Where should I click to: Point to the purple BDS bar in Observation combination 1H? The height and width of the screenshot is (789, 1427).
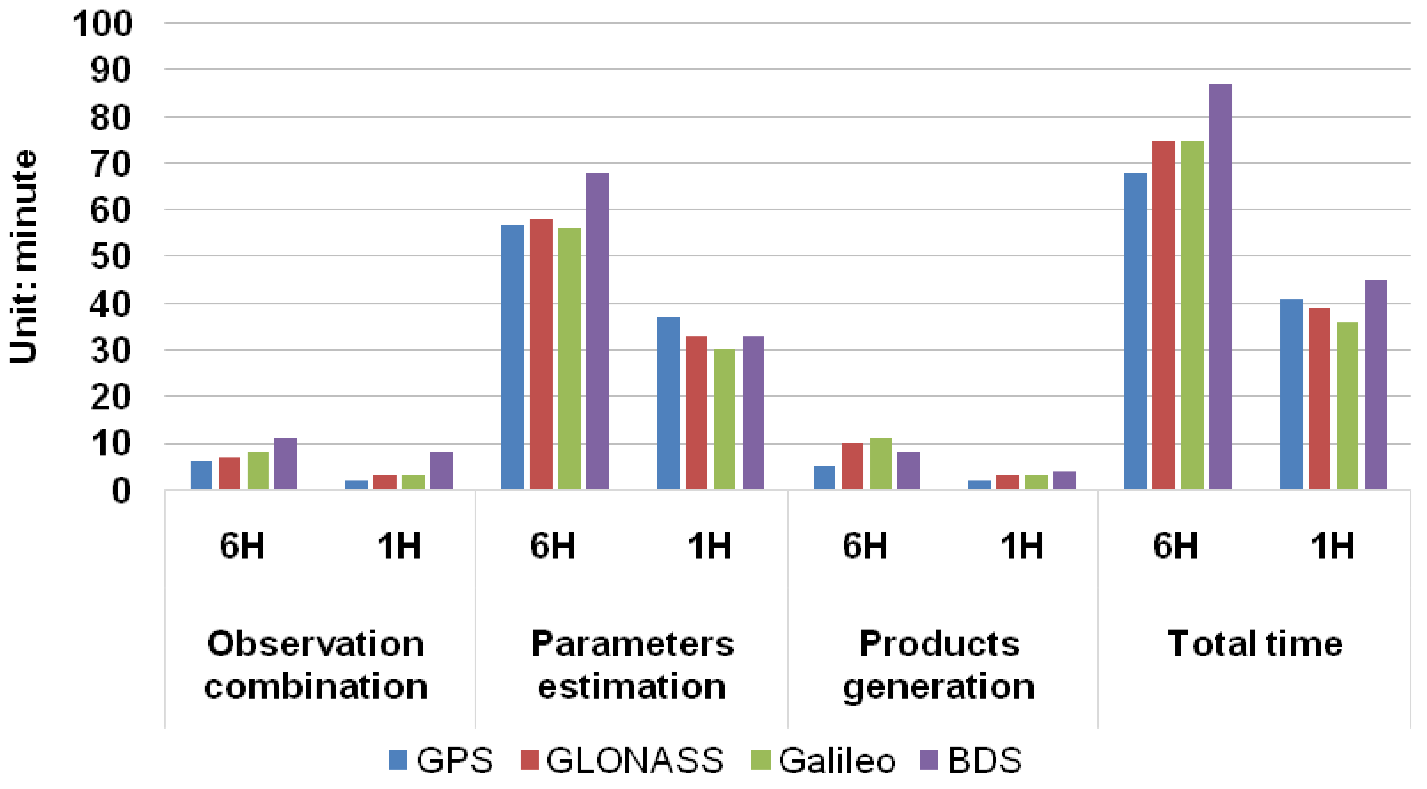[441, 471]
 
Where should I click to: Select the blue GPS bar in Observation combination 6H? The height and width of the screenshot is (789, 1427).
[201, 475]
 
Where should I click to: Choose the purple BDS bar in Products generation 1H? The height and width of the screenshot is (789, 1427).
[1064, 481]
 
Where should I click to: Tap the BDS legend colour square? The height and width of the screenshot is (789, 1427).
[928, 760]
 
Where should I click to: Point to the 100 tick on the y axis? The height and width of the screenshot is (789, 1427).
[103, 24]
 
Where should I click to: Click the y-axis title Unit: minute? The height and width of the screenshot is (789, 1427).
[23, 256]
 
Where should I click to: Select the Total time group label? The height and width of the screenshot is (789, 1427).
[1255, 644]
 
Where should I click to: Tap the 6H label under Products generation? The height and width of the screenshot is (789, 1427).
[865, 546]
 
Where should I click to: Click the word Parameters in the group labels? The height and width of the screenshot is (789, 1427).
[632, 644]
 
